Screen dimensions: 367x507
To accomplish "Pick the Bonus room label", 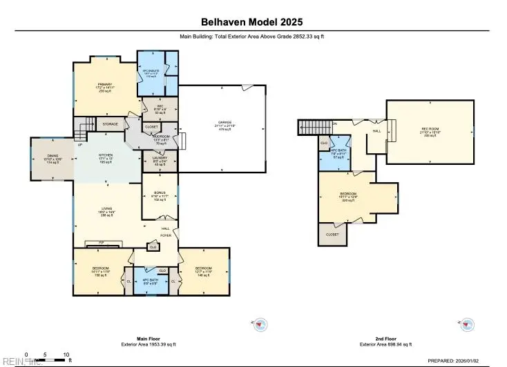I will tap(160, 194).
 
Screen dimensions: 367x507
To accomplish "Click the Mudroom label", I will tap(160, 137).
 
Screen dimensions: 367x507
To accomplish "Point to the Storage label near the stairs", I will tap(110, 124).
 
